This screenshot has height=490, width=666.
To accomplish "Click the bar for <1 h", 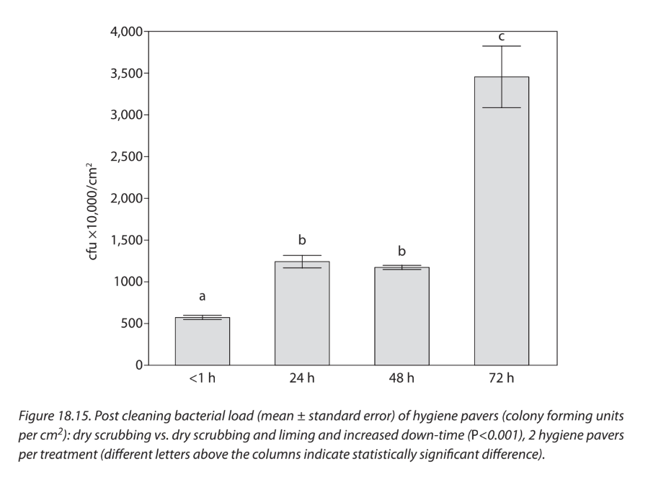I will click(x=203, y=342).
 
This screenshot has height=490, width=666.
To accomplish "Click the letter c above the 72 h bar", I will click(x=502, y=36).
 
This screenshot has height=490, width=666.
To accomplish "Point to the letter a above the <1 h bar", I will click(x=203, y=296).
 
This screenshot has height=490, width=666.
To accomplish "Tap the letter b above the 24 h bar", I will click(x=302, y=239).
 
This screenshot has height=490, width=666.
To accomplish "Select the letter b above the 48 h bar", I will click(x=401, y=251).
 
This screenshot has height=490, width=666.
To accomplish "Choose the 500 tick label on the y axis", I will click(x=131, y=324).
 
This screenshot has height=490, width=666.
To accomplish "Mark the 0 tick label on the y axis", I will click(x=138, y=365).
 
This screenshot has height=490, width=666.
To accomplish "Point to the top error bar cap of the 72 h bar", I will click(x=502, y=46).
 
